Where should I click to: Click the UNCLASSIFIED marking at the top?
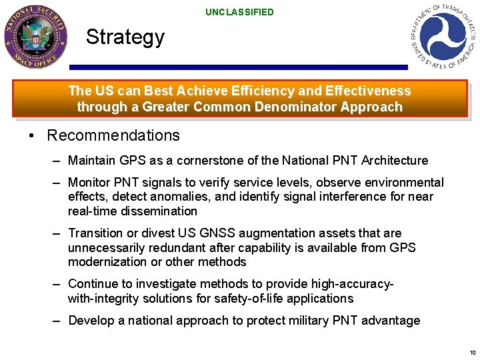[x=239, y=12]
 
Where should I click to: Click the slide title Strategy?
[x=125, y=37]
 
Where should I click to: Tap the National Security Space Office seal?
[x=35, y=37]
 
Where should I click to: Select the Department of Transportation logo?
[x=443, y=35]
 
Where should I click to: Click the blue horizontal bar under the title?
[x=238, y=67]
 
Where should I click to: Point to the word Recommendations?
[x=113, y=135]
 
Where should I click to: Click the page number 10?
[x=472, y=353]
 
